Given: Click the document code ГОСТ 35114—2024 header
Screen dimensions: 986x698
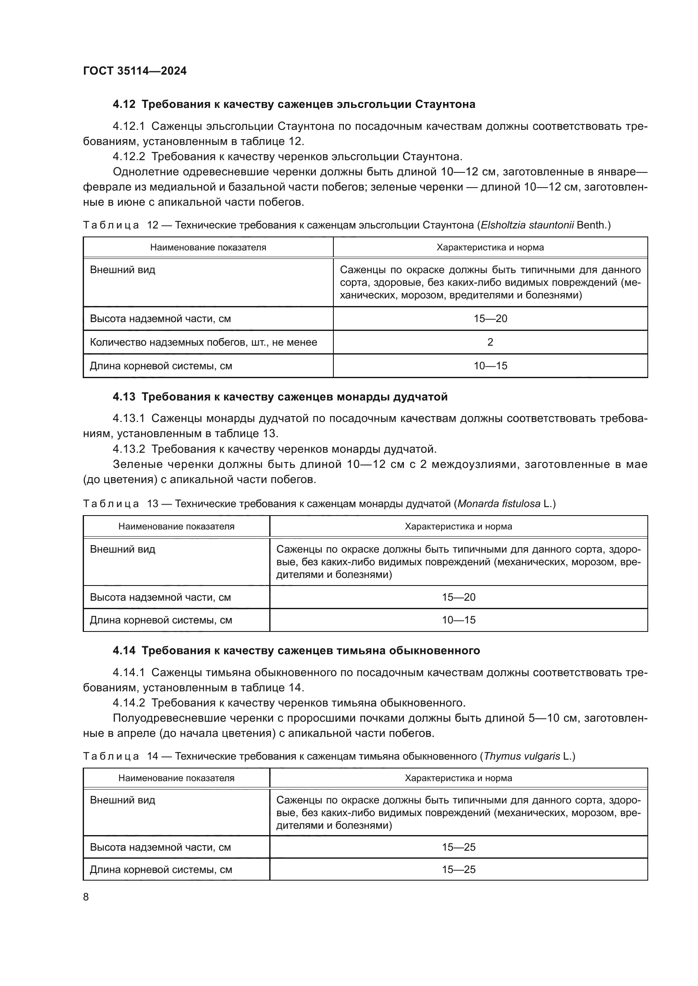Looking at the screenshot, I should (135, 71).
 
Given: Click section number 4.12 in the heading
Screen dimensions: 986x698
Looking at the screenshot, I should (124, 105).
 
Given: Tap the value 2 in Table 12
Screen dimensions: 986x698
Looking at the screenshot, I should (490, 342).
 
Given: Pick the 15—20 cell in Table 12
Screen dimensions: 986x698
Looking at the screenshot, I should (490, 319).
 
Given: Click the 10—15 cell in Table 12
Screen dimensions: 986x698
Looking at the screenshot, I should (490, 366).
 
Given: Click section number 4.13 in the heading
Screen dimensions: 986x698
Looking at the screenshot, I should (124, 397).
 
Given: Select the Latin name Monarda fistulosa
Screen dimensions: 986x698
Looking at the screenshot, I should (498, 504).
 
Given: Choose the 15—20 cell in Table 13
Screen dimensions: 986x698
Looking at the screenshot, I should (458, 597).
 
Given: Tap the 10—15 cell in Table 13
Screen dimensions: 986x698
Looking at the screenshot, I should (458, 620).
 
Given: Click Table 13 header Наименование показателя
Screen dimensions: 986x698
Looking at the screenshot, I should (176, 527).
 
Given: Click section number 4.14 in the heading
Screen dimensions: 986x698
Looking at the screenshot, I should (124, 650).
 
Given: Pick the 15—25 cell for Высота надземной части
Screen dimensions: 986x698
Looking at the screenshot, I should (458, 847).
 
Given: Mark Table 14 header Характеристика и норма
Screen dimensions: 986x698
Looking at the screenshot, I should (458, 778).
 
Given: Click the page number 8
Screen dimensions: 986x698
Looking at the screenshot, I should (86, 897).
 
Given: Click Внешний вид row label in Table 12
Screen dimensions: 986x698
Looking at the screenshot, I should (122, 270).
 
